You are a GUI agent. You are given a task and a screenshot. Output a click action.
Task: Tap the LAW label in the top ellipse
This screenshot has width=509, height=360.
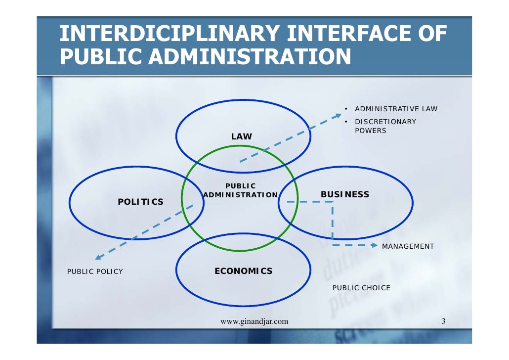pos(242,136)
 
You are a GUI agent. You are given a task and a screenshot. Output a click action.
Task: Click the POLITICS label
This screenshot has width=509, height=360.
pos(140,202)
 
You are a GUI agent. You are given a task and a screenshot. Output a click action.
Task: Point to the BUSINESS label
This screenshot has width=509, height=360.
pos(345,194)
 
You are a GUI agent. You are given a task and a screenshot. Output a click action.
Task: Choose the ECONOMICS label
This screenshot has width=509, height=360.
pos(243,271)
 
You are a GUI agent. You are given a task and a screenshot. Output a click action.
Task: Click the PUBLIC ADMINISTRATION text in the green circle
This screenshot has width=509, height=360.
pos(240,190)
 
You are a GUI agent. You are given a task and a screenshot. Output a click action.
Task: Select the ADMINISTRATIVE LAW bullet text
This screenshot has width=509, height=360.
pos(396,109)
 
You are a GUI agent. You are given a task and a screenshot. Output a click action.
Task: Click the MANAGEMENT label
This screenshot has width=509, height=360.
pos(408,246)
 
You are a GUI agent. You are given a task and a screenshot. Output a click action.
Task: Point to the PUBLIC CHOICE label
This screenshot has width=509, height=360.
pos(361,288)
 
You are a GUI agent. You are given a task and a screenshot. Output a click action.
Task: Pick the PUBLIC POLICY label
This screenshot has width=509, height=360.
pos(95,271)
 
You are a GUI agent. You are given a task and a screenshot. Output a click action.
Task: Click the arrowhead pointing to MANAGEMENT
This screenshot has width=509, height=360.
pos(374,245)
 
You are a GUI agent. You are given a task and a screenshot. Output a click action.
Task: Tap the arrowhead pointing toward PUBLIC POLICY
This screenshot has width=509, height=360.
pos(99,257)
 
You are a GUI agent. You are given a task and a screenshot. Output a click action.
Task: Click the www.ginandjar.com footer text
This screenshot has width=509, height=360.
pos(254,322)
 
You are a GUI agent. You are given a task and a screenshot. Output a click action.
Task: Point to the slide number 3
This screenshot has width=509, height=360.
pos(443,322)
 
